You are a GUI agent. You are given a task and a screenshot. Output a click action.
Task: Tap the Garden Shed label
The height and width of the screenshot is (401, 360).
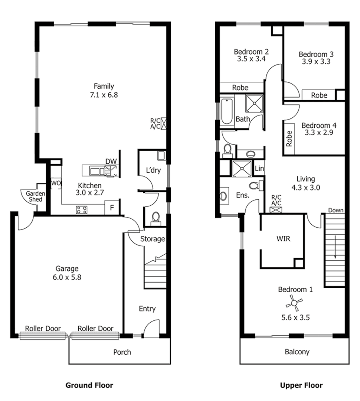(x=35, y=196)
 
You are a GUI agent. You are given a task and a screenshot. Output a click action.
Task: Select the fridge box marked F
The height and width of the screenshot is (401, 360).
(x=111, y=208)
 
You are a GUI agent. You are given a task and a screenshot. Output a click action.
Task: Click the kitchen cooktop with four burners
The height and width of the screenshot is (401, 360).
(x=82, y=210)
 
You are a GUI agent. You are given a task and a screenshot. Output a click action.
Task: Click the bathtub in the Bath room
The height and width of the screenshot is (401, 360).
(x=226, y=111)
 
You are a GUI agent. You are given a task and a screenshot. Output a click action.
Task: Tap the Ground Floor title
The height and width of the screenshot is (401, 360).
(x=89, y=385)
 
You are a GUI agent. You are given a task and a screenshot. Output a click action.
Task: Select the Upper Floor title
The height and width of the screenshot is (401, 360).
(x=301, y=385)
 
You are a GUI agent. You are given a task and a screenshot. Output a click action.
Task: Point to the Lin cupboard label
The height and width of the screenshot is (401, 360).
(x=259, y=169)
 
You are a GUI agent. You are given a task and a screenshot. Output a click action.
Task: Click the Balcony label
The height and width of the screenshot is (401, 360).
(x=297, y=352)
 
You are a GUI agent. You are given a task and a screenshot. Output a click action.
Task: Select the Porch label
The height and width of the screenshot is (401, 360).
(x=122, y=352)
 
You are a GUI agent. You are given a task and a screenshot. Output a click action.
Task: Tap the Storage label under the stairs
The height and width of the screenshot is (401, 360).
(x=152, y=239)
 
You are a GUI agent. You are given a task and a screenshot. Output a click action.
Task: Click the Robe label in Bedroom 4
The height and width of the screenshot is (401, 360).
(x=289, y=138)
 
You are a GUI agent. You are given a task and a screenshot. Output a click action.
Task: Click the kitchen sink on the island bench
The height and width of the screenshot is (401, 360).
(x=97, y=171)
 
